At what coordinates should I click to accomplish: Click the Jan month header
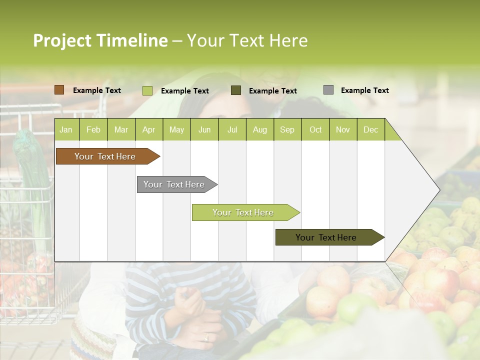[x=66, y=130]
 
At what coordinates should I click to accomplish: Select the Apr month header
[x=148, y=130]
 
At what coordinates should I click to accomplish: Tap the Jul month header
[x=232, y=130]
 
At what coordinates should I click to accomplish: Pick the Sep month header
[x=287, y=130]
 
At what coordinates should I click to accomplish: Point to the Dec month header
[x=370, y=130]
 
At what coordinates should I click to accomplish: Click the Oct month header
[x=315, y=130]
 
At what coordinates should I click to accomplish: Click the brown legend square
[x=59, y=90]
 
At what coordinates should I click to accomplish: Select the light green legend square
[x=147, y=90]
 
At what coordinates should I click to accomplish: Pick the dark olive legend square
[x=235, y=90]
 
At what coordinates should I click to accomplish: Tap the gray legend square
[x=328, y=90]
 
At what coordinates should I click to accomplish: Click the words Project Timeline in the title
[x=100, y=40]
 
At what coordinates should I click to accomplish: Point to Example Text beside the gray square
[x=364, y=90]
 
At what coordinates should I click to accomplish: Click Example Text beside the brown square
[x=96, y=90]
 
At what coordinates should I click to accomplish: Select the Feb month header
[x=93, y=130]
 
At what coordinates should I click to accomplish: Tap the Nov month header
[x=342, y=130]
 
